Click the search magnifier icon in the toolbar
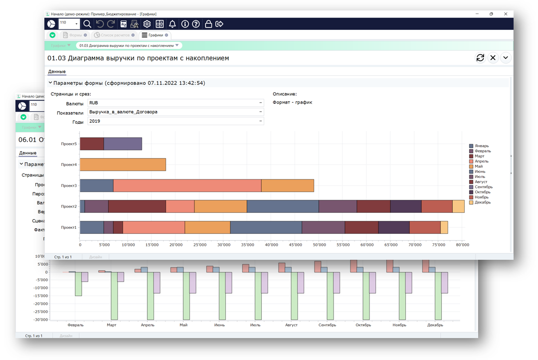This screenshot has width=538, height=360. (87, 24)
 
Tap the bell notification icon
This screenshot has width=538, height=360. (172, 24)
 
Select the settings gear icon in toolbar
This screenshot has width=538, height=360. (147, 24)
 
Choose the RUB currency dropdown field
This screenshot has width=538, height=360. (175, 103)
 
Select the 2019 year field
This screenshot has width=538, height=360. (175, 121)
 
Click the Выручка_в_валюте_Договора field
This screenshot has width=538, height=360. (175, 112)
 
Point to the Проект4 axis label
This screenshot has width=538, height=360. (69, 165)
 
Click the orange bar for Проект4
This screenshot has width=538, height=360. (123, 165)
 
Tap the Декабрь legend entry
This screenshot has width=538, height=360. (482, 202)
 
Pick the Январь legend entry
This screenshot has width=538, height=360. (481, 146)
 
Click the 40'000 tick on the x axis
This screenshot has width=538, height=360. (271, 245)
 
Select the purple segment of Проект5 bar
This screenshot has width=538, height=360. (123, 144)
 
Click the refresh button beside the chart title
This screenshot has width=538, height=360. (480, 58)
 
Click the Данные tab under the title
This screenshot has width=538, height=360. (57, 72)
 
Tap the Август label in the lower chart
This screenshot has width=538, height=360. (291, 325)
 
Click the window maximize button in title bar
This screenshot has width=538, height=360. (491, 14)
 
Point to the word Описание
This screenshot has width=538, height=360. (285, 94)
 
